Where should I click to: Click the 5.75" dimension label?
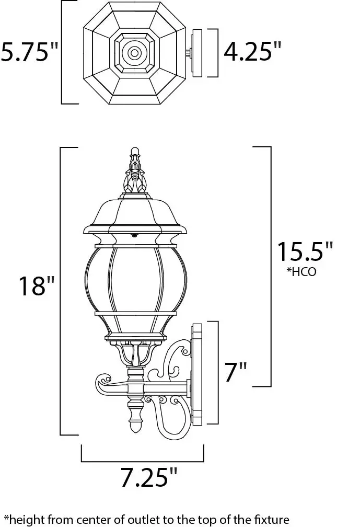(29, 52)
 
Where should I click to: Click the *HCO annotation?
(301, 272)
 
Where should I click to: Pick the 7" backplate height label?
(236, 372)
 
